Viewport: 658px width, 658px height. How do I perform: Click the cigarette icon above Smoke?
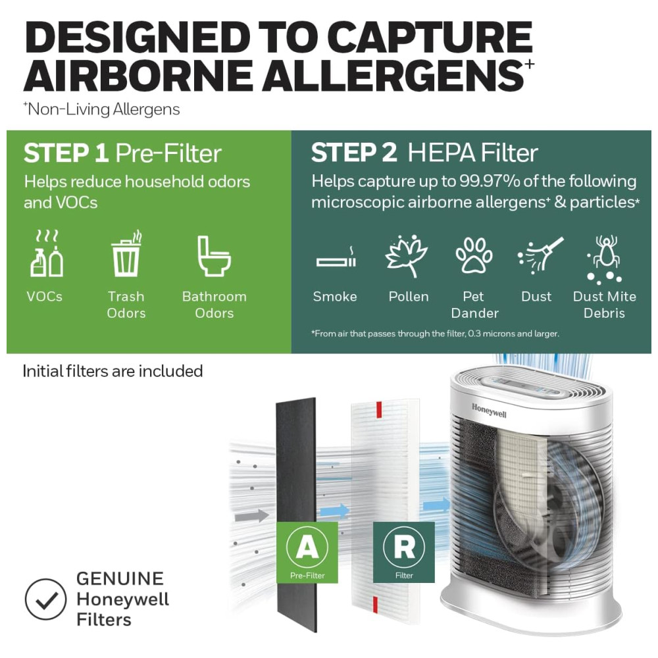(x=336, y=259)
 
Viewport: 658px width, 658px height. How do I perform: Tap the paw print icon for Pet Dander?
(x=474, y=255)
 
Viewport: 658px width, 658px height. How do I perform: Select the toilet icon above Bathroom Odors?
(x=214, y=256)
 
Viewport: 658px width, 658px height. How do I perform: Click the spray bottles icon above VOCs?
(x=47, y=253)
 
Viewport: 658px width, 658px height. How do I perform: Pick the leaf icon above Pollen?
(x=406, y=256)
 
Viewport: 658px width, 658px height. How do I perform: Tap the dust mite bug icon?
(x=604, y=258)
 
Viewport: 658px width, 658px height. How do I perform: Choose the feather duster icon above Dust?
(x=540, y=255)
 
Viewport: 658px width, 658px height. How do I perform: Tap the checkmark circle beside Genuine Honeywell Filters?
(x=45, y=599)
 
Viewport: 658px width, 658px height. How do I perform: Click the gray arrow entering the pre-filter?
(x=252, y=515)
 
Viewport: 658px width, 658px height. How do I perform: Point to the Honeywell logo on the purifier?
(x=489, y=411)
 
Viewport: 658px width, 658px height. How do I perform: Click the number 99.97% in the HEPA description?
(x=490, y=182)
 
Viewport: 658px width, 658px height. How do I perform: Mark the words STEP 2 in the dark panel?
(x=354, y=153)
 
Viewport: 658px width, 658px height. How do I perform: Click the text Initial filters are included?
(x=113, y=371)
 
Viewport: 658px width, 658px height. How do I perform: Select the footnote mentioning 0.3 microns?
(x=435, y=334)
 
